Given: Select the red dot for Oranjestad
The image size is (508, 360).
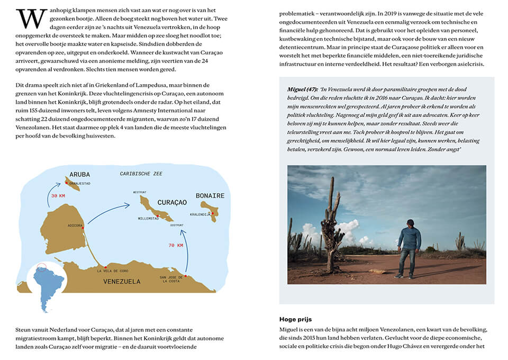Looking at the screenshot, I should coord(67,183).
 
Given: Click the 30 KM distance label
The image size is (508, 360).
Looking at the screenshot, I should coord(58,196).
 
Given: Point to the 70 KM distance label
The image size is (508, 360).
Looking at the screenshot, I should coord(176,245).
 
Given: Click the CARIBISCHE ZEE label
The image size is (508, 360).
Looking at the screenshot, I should coord(141,174).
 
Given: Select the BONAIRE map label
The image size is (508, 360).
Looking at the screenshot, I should coord(210,196).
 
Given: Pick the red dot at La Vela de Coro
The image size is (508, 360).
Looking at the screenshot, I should coord(106,266).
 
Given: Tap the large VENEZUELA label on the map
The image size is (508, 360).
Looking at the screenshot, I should coord(122,282).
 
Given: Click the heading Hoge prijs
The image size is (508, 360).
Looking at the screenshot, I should coord(295,319).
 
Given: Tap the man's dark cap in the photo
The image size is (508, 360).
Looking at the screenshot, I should coord(411,222).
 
